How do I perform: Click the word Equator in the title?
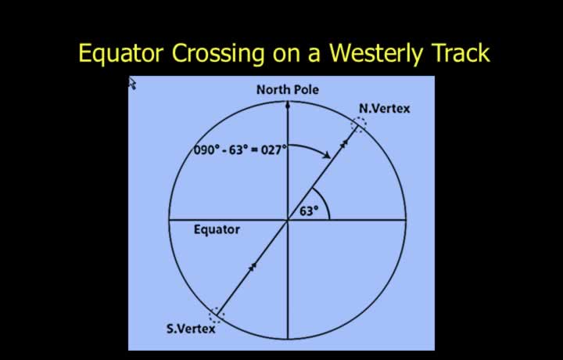(121, 53)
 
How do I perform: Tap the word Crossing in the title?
(218, 53)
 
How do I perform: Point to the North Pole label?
(288, 89)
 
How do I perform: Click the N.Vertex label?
(384, 109)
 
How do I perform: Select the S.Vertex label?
(191, 329)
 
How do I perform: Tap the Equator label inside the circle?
(217, 229)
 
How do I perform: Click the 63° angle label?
(309, 211)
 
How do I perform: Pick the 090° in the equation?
(206, 149)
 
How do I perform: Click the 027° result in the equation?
(274, 149)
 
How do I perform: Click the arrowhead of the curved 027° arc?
(326, 155)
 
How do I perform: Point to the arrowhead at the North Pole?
(287, 105)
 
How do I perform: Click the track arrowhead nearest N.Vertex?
(344, 143)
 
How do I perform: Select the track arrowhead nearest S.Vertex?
(253, 267)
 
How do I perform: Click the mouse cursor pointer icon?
(132, 84)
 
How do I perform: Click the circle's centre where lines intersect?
(287, 219)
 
